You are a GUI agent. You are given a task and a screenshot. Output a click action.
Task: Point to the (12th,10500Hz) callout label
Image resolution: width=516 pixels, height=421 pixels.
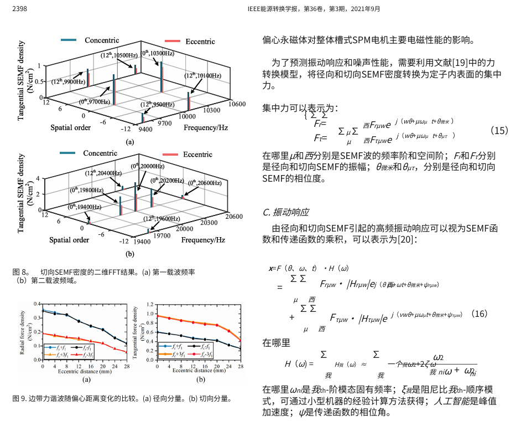[x=116, y=55]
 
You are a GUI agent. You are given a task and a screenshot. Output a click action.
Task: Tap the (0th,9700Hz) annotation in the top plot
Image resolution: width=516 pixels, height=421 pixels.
[x=96, y=101]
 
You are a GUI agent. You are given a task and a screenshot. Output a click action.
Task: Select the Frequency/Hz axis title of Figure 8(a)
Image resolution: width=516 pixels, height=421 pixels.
[x=206, y=127]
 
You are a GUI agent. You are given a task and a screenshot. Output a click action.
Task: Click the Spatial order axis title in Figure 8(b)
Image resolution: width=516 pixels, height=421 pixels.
[x=69, y=240]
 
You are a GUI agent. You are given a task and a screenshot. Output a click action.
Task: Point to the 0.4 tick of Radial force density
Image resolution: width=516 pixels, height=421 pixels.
[x=37, y=304]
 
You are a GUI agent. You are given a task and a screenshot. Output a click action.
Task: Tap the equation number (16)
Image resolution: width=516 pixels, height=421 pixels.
[x=479, y=314]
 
